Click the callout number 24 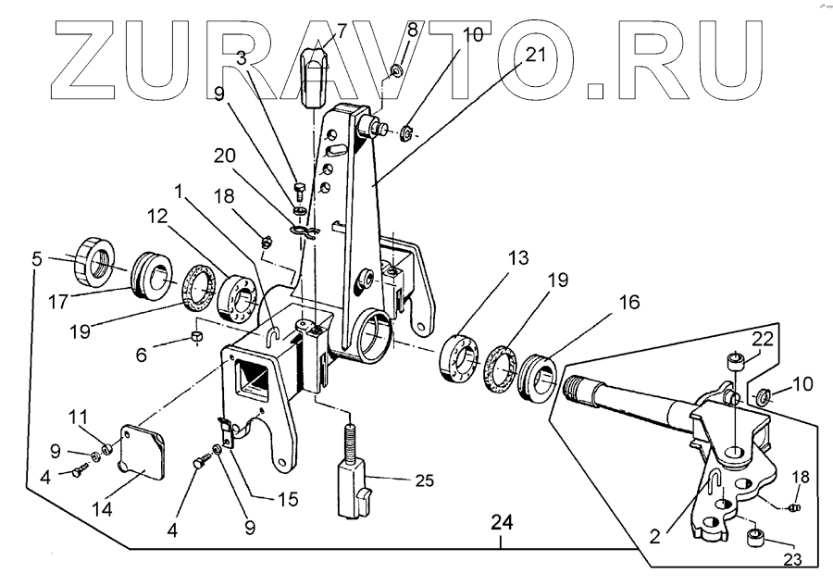[x=501, y=522]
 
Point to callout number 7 [x=342, y=30]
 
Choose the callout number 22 [x=761, y=339]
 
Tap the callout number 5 [x=36, y=259]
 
